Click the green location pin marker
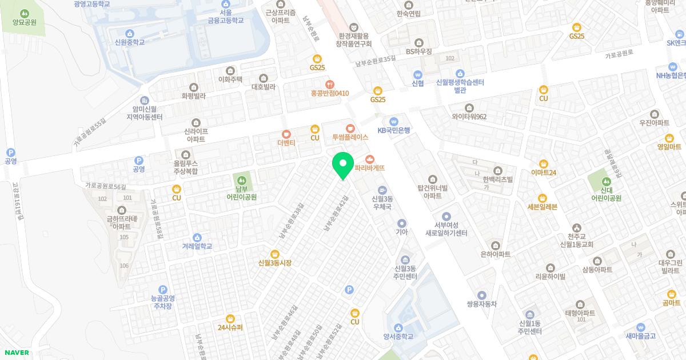coord(342,165)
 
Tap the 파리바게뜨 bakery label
coord(370,168)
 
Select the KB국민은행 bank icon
coord(393,121)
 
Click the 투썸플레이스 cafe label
coord(350,138)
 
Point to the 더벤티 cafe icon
coord(286,134)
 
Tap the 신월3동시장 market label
coord(275,263)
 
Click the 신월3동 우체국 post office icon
coord(382,190)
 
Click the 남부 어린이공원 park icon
coord(241,179)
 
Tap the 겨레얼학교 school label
coord(197,246)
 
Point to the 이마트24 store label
coord(543,173)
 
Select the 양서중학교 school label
coord(398,336)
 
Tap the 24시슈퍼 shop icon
coord(230,318)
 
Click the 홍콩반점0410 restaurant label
coord(330,93)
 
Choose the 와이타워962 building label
coord(469,117)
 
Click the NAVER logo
coord(17,353)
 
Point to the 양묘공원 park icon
coord(24,13)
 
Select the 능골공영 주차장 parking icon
coord(162,290)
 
